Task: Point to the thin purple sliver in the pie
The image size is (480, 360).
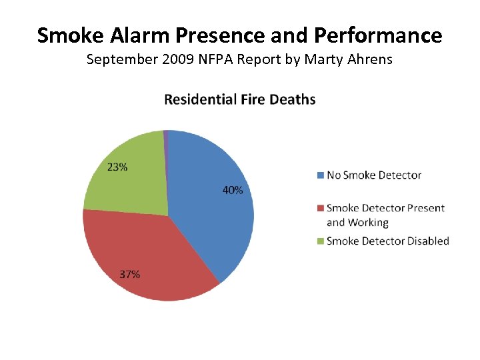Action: pos(165,137)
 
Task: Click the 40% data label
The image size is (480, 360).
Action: pos(233,191)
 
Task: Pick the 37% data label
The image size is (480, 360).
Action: pos(129,274)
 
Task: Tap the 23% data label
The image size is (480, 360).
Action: pos(117,167)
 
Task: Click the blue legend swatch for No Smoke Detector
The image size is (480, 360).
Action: pos(320,175)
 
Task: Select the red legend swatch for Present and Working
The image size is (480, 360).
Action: pos(320,208)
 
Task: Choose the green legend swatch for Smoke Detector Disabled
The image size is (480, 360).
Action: pos(320,241)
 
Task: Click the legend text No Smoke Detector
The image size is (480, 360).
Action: pos(374,175)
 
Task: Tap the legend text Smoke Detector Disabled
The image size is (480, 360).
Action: pos(387,241)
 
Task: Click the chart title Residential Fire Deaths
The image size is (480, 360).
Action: pos(240,100)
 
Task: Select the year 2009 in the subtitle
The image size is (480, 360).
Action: pos(173,60)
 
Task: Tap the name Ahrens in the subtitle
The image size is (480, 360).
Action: pos(371,60)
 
